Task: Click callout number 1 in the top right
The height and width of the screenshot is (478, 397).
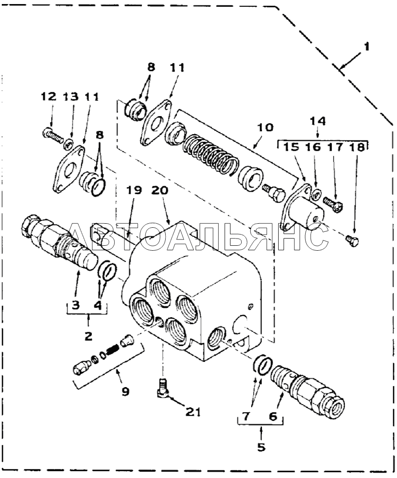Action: (x=367, y=47)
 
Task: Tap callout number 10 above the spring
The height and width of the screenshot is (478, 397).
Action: (x=265, y=127)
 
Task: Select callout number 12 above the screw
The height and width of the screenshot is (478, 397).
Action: (x=49, y=97)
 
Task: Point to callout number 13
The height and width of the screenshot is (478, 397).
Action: (x=71, y=97)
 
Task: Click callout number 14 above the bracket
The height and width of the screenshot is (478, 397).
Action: (x=318, y=121)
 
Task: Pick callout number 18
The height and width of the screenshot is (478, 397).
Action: (x=357, y=147)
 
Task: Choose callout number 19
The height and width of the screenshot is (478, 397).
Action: (x=134, y=190)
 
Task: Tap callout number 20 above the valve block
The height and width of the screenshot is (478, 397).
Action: (x=160, y=190)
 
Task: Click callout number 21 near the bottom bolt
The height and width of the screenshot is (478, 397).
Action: (x=193, y=412)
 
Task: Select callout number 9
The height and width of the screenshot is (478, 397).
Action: (x=125, y=391)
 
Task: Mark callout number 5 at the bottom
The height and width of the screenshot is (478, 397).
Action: (x=262, y=447)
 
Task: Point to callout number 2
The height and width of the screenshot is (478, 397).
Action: (x=88, y=336)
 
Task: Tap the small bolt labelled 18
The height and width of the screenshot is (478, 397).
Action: (x=352, y=241)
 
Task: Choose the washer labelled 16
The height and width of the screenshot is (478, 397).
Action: (x=316, y=193)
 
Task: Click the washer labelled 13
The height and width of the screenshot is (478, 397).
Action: (x=68, y=143)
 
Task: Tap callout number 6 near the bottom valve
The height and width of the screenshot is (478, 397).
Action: (x=273, y=416)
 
